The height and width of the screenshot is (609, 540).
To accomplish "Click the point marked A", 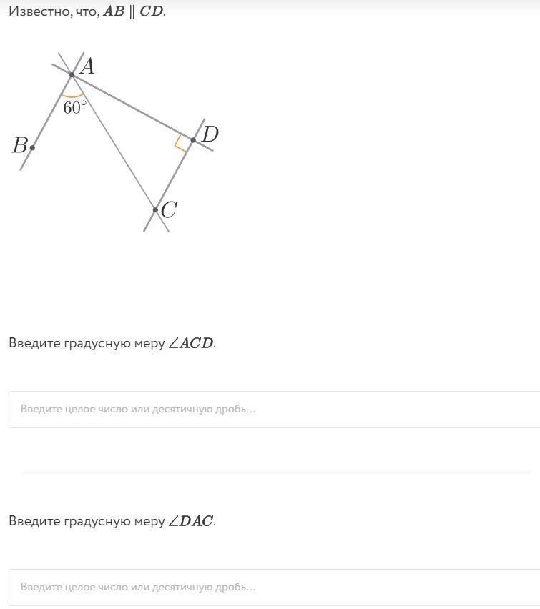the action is coord(72,74).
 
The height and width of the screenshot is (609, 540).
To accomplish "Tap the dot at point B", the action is coord(32,147).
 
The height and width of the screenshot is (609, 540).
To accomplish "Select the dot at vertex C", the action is coord(155,210).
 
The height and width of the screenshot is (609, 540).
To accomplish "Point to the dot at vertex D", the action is coord(193,139).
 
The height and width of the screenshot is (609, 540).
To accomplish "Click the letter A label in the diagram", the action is coord(87,66).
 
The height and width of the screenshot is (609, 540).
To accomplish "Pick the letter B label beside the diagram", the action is coord(19,146).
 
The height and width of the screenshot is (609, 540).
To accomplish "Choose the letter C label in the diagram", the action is coord(169,210).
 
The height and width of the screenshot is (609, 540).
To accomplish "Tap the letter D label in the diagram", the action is coord(210,134).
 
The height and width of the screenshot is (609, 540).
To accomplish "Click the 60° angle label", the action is coord(75,108).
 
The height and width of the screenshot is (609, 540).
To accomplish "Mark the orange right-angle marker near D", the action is coord(181,144).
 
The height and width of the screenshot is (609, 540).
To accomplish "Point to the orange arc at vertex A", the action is coord(73,96).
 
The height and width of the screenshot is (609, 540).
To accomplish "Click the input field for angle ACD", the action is coord(274,410).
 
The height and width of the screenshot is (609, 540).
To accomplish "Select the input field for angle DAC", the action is coord(274,588).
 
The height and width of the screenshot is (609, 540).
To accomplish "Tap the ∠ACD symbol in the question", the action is coord(191,343).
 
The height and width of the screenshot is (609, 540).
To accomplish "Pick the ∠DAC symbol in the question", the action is coord(191,521).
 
